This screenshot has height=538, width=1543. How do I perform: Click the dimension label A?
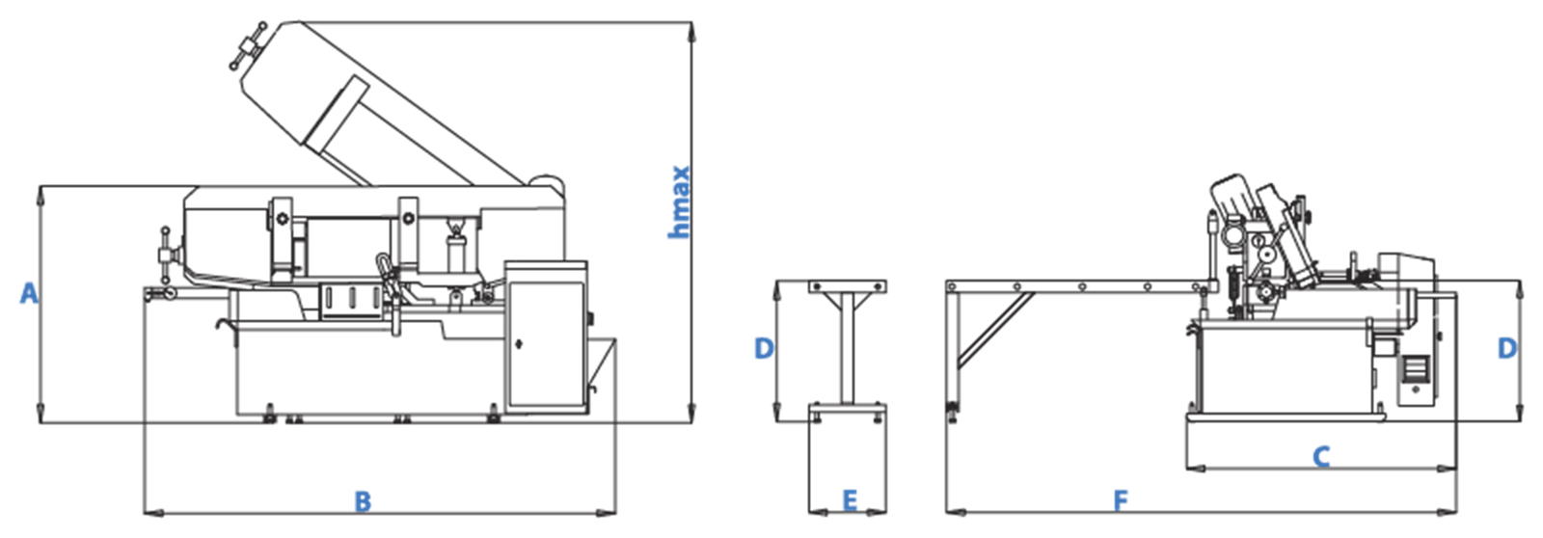[29, 293]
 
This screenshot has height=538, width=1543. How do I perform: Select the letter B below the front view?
[363, 501]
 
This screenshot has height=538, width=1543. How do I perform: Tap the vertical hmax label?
[679, 202]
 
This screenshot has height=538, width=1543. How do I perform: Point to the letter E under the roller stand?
[850, 500]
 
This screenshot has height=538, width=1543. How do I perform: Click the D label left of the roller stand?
[764, 349]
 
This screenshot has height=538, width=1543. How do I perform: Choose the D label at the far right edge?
[1507, 349]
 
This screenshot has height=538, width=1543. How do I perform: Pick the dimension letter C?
[1321, 457]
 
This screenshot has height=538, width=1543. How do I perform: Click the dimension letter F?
[1121, 500]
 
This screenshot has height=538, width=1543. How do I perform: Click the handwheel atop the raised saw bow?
[247, 45]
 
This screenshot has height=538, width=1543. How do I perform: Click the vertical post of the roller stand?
[848, 348]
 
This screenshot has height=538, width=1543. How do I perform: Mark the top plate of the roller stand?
[848, 286]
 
